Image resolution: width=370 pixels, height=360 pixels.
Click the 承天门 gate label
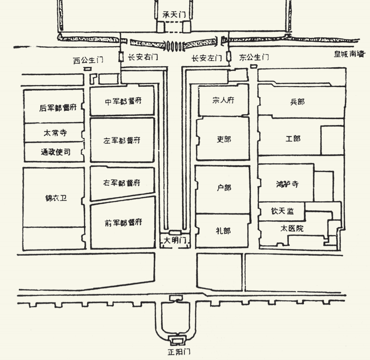coord(174,14)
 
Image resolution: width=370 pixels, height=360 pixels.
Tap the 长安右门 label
coord(143,57)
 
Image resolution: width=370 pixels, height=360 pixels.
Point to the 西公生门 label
coord(88,61)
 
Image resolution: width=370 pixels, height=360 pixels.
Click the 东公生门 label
coord(254,57)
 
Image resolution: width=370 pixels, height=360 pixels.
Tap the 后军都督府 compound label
coord(58,108)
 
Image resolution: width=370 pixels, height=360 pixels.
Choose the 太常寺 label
coord(55,133)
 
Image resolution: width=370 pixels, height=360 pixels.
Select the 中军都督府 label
coord(123,101)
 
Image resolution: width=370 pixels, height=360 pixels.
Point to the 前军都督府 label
coord(123,222)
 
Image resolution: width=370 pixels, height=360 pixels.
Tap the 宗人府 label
coord(223,100)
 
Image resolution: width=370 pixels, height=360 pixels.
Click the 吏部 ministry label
coord(224,139)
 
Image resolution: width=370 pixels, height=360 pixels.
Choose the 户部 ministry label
coord(224,188)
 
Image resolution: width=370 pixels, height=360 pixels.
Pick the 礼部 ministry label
coord(223,231)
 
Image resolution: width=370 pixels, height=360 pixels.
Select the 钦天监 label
coord(283,211)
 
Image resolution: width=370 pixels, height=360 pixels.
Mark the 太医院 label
coord(292,229)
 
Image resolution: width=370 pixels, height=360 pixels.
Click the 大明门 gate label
coord(174,240)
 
